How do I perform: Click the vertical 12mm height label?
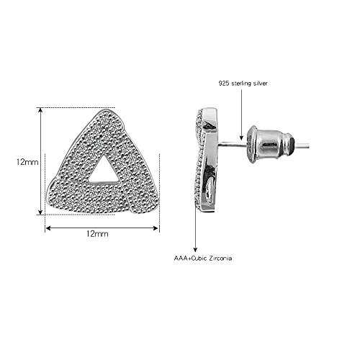tap(27, 162)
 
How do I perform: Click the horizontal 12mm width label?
tap(97, 233)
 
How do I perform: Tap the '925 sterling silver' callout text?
tap(243, 84)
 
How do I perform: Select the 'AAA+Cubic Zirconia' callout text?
tap(203, 258)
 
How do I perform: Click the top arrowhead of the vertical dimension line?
tap(40, 110)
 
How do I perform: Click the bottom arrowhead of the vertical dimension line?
tap(40, 212)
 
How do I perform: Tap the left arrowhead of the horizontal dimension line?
tap(48, 228)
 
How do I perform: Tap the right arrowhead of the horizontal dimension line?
tap(156, 228)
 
